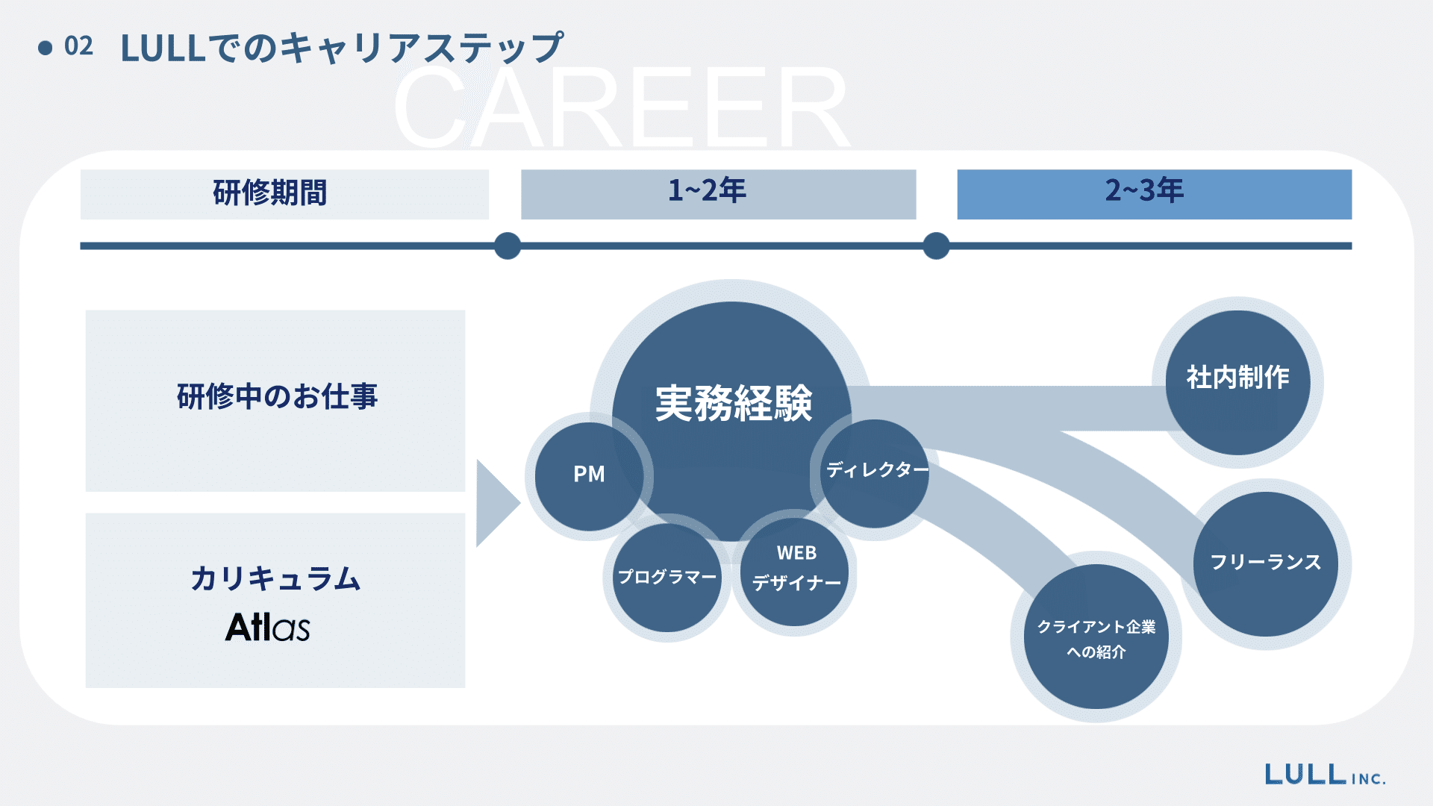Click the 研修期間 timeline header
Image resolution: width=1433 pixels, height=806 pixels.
pyautogui.click(x=284, y=193)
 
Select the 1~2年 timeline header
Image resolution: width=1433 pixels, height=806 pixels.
pyautogui.click(x=718, y=193)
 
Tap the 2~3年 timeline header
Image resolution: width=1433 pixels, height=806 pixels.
pyautogui.click(x=1154, y=193)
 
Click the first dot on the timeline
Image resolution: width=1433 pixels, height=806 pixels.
pyautogui.click(x=508, y=246)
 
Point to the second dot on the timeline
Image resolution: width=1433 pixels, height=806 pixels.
pyautogui.click(x=936, y=246)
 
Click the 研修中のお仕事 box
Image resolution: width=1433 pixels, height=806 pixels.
pyautogui.click(x=275, y=400)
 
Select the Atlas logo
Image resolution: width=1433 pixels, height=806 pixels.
pyautogui.click(x=267, y=627)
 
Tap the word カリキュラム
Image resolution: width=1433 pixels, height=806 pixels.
pyautogui.click(x=275, y=578)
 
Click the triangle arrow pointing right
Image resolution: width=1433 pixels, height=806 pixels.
pyautogui.click(x=495, y=503)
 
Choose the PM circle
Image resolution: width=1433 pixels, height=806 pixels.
pyautogui.click(x=589, y=475)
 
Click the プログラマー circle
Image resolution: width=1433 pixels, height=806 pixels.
pyautogui.click(x=666, y=577)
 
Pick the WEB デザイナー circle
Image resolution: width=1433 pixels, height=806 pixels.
pyautogui.click(x=796, y=569)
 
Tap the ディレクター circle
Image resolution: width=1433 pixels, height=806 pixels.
pyautogui.click(x=875, y=472)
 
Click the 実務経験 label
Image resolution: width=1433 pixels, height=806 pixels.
pyautogui.click(x=733, y=403)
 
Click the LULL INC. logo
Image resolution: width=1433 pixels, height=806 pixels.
pyautogui.click(x=1325, y=775)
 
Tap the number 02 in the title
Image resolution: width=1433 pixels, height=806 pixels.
pyautogui.click(x=78, y=46)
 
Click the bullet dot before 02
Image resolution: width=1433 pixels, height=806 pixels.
pyautogui.click(x=46, y=48)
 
